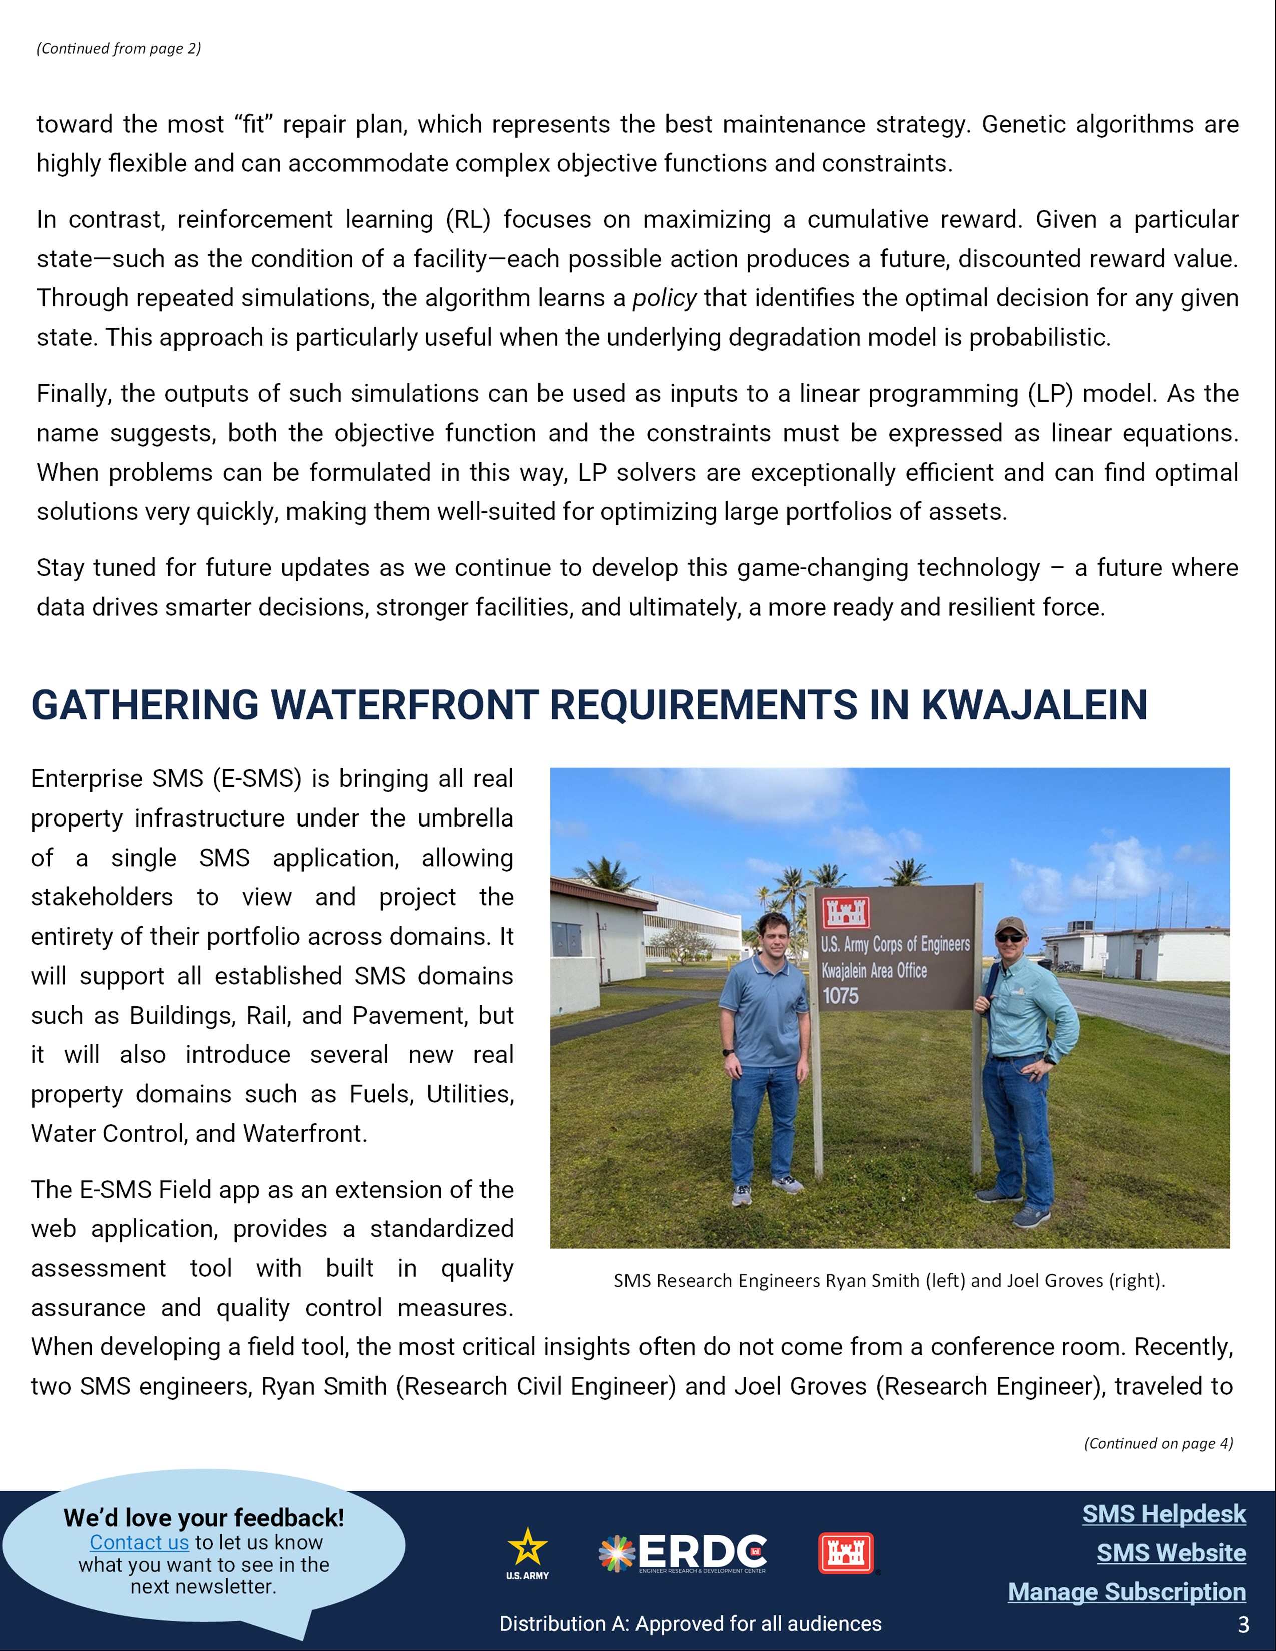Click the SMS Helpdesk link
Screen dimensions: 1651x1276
pyautogui.click(x=1164, y=1514)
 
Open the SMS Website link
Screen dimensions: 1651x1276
pyautogui.click(x=1171, y=1553)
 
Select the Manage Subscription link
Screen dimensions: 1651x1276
pyautogui.click(x=1126, y=1591)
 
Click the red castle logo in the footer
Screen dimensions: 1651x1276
pyautogui.click(x=846, y=1553)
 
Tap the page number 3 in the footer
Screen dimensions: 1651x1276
pyautogui.click(x=1243, y=1624)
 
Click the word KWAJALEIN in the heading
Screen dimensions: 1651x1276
pyautogui.click(x=1034, y=705)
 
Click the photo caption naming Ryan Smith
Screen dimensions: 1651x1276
pyautogui.click(x=889, y=1281)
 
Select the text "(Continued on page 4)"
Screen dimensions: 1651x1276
pyautogui.click(x=1158, y=1443)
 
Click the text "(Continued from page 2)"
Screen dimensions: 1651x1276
pyautogui.click(x=119, y=49)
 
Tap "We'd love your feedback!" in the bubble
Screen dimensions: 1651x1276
pyautogui.click(x=203, y=1518)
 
